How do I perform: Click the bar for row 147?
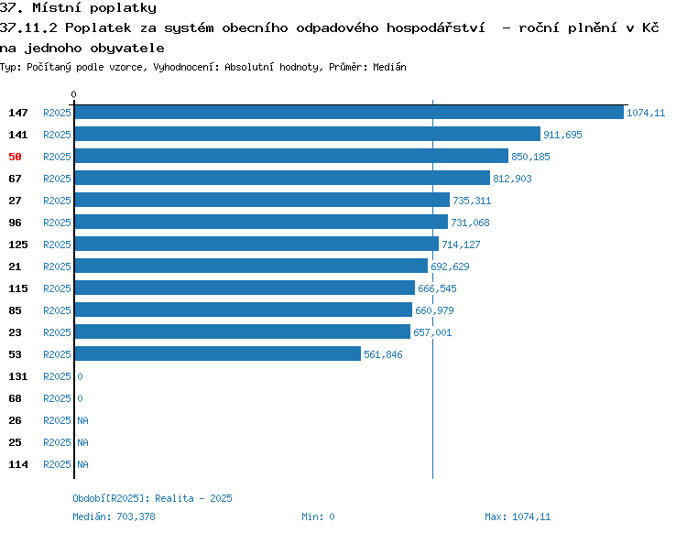pyautogui.click(x=349, y=112)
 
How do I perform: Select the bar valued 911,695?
pyautogui.click(x=308, y=134)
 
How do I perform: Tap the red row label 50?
pyautogui.click(x=15, y=157)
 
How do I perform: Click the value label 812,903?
pyautogui.click(x=512, y=179)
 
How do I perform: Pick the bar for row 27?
pyautogui.click(x=262, y=200)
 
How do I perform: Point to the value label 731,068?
pyautogui.click(x=470, y=223)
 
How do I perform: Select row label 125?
pyautogui.click(x=18, y=245)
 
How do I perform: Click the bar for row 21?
pyautogui.click(x=251, y=266)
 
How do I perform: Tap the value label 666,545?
pyautogui.click(x=437, y=288)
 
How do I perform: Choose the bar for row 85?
pyautogui.click(x=244, y=310)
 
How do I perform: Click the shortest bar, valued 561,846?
pyautogui.click(x=218, y=354)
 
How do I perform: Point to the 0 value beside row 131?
pyautogui.click(x=80, y=376)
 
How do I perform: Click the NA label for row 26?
pyautogui.click(x=82, y=420)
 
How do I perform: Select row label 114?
pyautogui.click(x=18, y=464)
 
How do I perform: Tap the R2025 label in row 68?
pyautogui.click(x=57, y=398)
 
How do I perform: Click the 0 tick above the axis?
pyautogui.click(x=73, y=94)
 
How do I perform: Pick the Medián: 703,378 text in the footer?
pyautogui.click(x=114, y=517)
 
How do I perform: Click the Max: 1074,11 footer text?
pyautogui.click(x=518, y=517)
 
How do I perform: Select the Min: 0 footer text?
pyautogui.click(x=318, y=517)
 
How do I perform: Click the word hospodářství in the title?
pyautogui.click(x=436, y=28)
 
